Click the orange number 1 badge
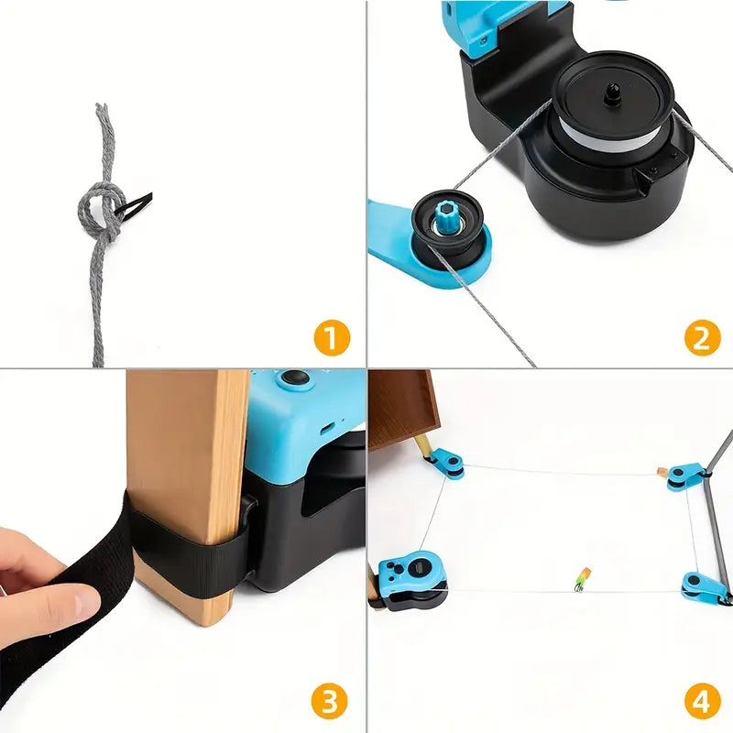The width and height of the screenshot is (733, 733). (332, 337)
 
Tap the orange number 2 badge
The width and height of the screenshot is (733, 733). (702, 337)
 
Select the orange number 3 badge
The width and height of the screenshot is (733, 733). (330, 702)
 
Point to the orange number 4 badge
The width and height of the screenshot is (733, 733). (702, 702)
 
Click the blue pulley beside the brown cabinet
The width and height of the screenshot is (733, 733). (447, 464)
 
